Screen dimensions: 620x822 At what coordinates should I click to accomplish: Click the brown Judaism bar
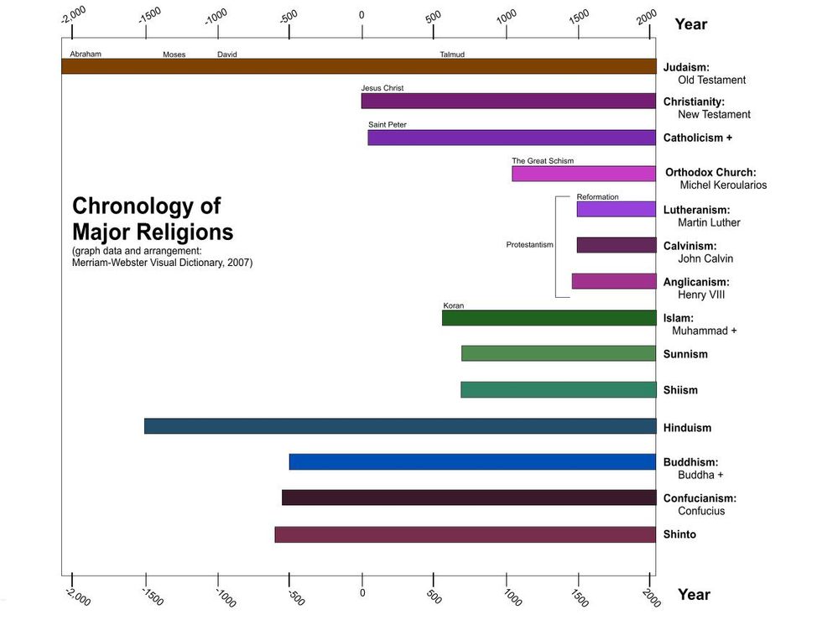(358, 66)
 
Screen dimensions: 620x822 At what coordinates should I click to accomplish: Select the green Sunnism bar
(558, 353)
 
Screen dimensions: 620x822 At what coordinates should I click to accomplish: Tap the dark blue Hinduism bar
(399, 426)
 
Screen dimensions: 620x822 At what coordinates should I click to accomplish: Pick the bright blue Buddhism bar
(472, 461)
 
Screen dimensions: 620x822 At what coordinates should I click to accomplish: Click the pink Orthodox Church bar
(584, 174)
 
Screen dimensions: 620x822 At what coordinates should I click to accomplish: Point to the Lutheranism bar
(616, 209)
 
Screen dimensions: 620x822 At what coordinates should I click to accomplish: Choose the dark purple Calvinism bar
(616, 245)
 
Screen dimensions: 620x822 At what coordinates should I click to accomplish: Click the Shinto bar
(465, 534)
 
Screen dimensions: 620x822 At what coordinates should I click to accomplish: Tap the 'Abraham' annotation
(86, 54)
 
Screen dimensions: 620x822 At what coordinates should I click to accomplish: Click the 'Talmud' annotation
(452, 55)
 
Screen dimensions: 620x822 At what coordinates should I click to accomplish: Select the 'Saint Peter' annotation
(387, 124)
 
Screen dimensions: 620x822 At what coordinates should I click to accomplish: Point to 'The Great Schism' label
(543, 161)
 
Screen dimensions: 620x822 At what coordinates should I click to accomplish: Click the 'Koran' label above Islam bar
(453, 305)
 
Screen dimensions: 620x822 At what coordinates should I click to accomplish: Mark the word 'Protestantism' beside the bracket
(529, 245)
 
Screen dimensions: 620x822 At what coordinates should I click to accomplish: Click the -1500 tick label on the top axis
(150, 16)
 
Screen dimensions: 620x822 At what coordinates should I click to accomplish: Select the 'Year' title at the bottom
(694, 595)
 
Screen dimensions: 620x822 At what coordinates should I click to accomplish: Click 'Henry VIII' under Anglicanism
(701, 295)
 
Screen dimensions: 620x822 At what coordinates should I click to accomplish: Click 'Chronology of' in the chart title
(146, 206)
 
